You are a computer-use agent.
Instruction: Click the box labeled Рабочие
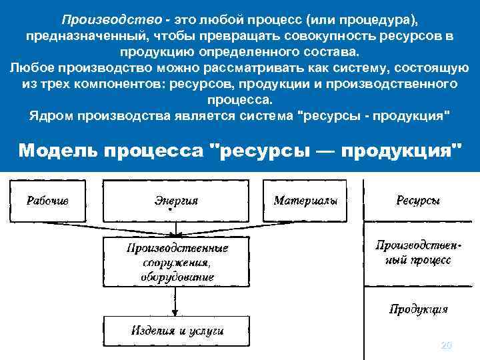[x=47, y=200]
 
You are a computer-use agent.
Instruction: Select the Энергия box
[x=176, y=200]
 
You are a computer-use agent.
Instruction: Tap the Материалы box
[x=305, y=200]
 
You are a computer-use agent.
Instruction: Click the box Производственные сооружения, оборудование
[x=177, y=262]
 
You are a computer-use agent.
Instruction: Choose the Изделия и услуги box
[x=177, y=329]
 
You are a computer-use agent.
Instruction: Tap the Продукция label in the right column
[x=419, y=309]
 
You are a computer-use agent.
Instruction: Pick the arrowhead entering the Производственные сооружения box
[x=175, y=235]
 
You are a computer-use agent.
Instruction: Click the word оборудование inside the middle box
[x=177, y=277]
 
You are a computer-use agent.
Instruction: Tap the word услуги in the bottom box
[x=207, y=330]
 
